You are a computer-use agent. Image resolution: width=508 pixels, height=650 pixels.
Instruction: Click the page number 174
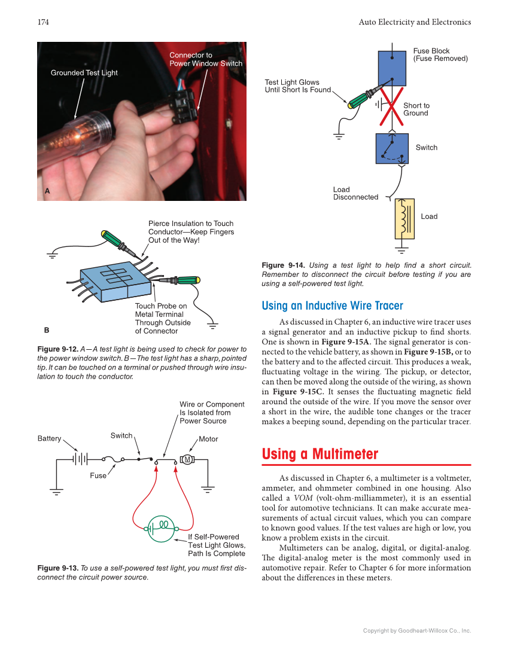43,22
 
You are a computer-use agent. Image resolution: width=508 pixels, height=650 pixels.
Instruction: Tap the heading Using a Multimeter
320,454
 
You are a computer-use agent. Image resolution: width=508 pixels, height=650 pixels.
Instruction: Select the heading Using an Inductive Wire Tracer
332,306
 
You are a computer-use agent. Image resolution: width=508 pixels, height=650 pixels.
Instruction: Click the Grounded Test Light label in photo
84,73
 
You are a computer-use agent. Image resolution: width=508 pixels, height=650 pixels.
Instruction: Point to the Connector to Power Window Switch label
205,59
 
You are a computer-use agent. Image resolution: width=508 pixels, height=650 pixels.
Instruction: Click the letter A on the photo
47,191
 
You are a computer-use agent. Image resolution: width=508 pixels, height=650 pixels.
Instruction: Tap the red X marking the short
391,106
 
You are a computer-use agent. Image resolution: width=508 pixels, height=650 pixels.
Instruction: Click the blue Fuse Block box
392,68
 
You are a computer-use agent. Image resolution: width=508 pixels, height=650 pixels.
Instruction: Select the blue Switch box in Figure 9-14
392,148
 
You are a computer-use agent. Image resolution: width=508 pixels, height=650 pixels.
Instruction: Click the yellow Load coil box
404,218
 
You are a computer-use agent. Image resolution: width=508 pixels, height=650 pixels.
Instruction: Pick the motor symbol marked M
187,459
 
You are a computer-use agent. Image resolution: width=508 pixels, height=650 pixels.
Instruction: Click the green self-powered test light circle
161,529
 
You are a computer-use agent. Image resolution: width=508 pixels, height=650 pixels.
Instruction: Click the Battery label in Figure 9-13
49,439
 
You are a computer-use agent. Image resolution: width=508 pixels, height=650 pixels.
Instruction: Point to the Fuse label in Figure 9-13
98,476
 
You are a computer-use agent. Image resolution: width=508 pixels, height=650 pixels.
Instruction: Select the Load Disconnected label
355,193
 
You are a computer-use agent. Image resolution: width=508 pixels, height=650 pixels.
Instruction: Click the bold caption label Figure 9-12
57,349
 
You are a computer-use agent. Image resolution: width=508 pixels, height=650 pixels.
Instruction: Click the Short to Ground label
416,109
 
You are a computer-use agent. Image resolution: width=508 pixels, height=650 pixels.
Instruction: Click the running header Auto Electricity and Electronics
415,22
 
